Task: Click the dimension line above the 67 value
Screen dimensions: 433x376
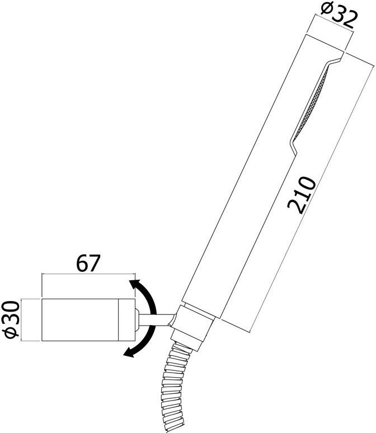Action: coord(88,275)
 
